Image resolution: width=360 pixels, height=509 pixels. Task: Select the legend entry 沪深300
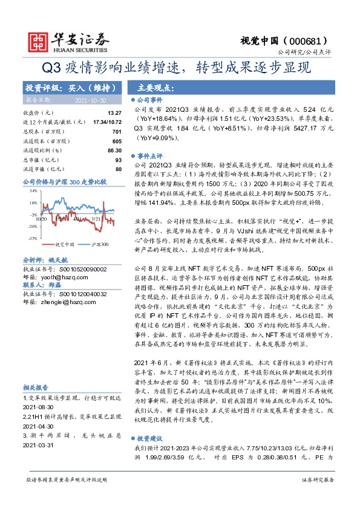coord(100,244)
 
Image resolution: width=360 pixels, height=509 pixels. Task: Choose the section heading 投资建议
coord(148,438)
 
